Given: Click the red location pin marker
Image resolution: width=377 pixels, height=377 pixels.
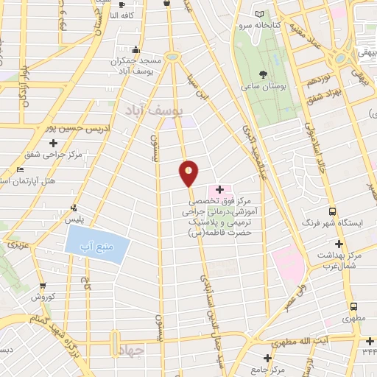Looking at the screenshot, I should point(189,174).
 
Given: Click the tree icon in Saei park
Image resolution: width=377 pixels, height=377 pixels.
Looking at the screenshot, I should point(264,74).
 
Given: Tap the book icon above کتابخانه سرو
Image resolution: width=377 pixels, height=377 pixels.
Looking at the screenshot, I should point(258,14).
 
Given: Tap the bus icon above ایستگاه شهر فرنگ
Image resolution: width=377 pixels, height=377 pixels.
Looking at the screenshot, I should point(332,211).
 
